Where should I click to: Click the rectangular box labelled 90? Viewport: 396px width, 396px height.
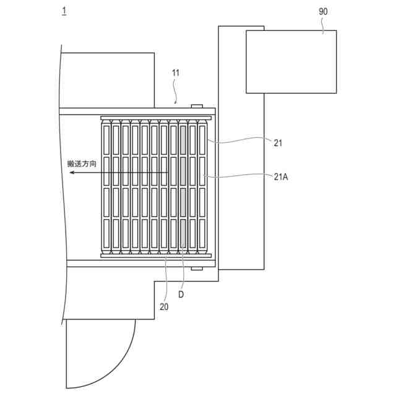(291, 62)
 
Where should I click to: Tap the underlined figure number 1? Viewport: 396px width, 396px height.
(64, 11)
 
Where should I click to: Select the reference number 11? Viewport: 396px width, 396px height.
(176, 73)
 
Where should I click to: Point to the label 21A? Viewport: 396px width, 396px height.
(282, 176)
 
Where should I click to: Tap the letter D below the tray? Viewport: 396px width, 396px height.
(181, 295)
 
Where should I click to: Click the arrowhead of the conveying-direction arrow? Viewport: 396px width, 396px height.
(72, 174)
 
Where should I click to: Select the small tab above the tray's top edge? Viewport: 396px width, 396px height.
(197, 106)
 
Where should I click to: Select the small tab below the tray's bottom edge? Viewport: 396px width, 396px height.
(197, 269)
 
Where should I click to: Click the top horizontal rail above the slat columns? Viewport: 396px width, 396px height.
(156, 117)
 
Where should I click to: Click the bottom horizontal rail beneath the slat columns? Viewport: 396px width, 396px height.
(156, 255)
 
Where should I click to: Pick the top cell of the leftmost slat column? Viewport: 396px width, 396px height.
(106, 141)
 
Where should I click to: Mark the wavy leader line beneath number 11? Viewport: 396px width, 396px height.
(176, 91)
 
